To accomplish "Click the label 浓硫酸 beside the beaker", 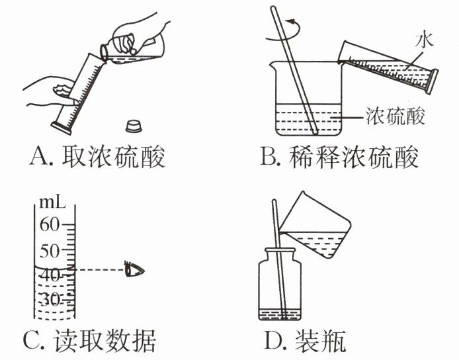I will click(x=394, y=116).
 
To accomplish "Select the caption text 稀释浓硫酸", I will click(x=355, y=158).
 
